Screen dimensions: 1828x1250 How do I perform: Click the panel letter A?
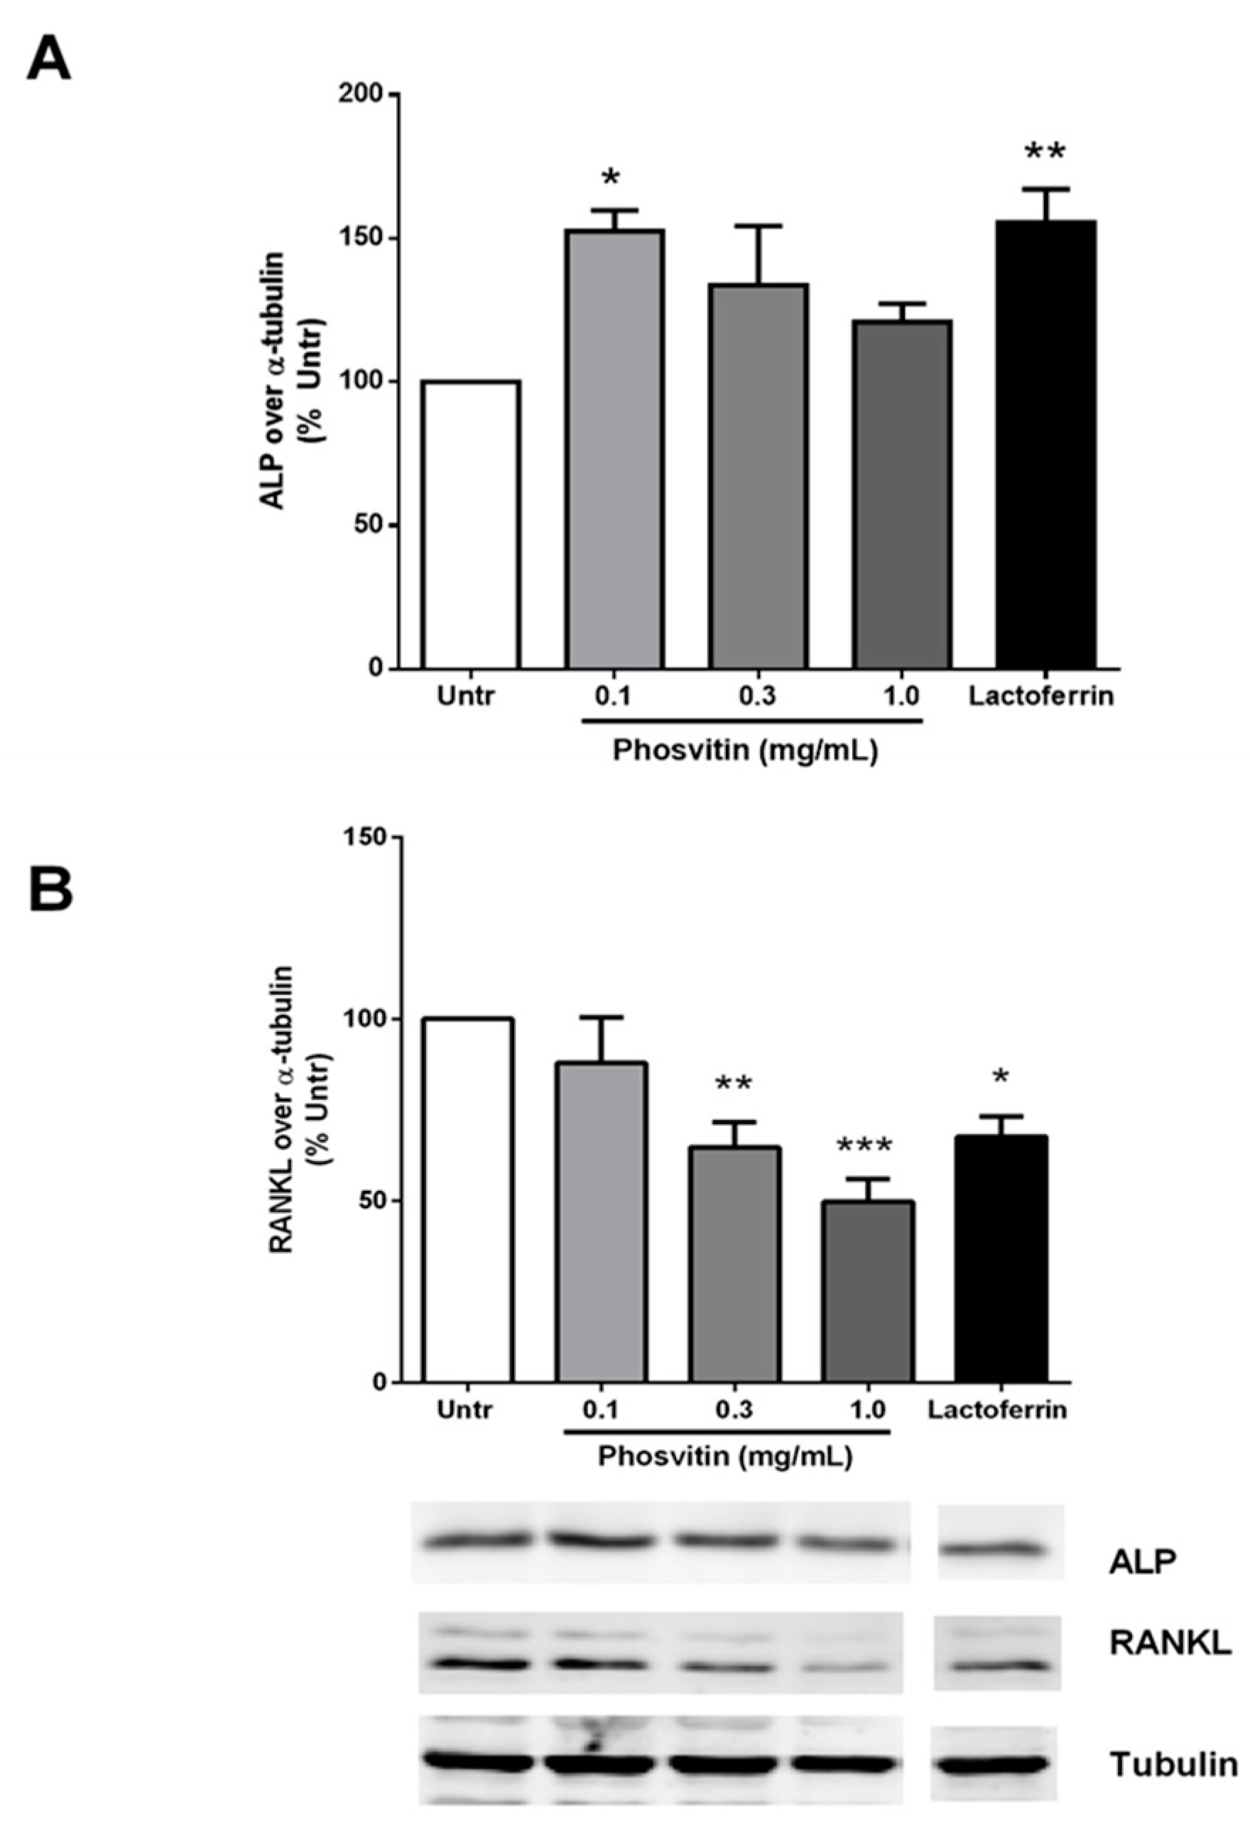coord(49,60)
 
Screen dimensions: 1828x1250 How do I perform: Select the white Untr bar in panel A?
coord(470,525)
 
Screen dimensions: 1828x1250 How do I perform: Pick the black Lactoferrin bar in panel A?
coord(1045,445)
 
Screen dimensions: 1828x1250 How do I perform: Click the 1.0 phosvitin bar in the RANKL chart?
coord(868,1291)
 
